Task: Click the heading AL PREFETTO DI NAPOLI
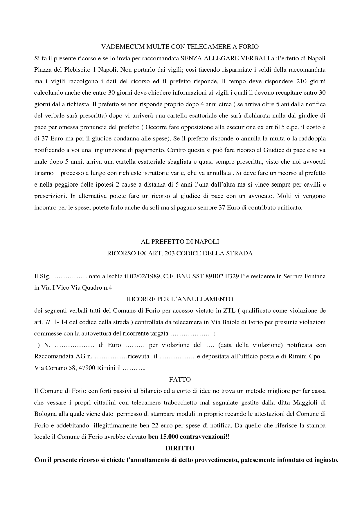click(180, 241)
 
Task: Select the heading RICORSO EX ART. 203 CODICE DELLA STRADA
click(180, 253)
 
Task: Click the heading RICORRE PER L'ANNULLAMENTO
click(180, 299)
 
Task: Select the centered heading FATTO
click(180, 379)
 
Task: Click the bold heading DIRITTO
click(180, 448)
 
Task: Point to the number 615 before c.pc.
click(277, 127)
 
